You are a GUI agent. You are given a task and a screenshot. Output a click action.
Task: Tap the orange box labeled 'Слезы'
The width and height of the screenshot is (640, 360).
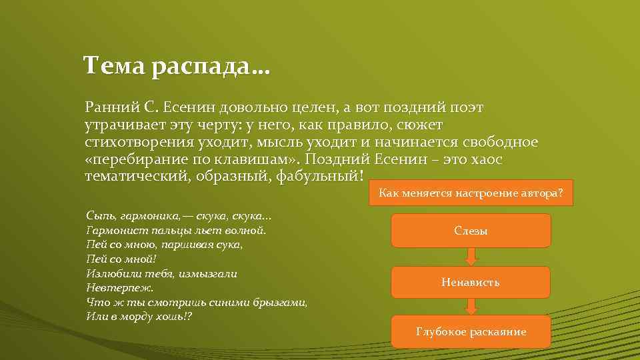pos(471,231)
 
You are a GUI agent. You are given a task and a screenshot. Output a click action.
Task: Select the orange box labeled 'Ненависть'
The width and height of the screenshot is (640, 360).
pos(470,282)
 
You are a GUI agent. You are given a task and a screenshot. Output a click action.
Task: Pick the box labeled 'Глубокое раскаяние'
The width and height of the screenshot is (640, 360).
pos(471,331)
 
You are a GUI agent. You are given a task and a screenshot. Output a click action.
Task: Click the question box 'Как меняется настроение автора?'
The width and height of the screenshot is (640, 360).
pos(471,193)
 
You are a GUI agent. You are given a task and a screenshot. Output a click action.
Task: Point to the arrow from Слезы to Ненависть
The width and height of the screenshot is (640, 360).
pos(471,257)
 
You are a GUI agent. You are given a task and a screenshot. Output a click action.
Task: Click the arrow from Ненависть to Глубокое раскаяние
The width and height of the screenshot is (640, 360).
pos(471,307)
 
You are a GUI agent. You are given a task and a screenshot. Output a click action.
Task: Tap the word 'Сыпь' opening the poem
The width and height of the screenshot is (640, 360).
pos(99,216)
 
